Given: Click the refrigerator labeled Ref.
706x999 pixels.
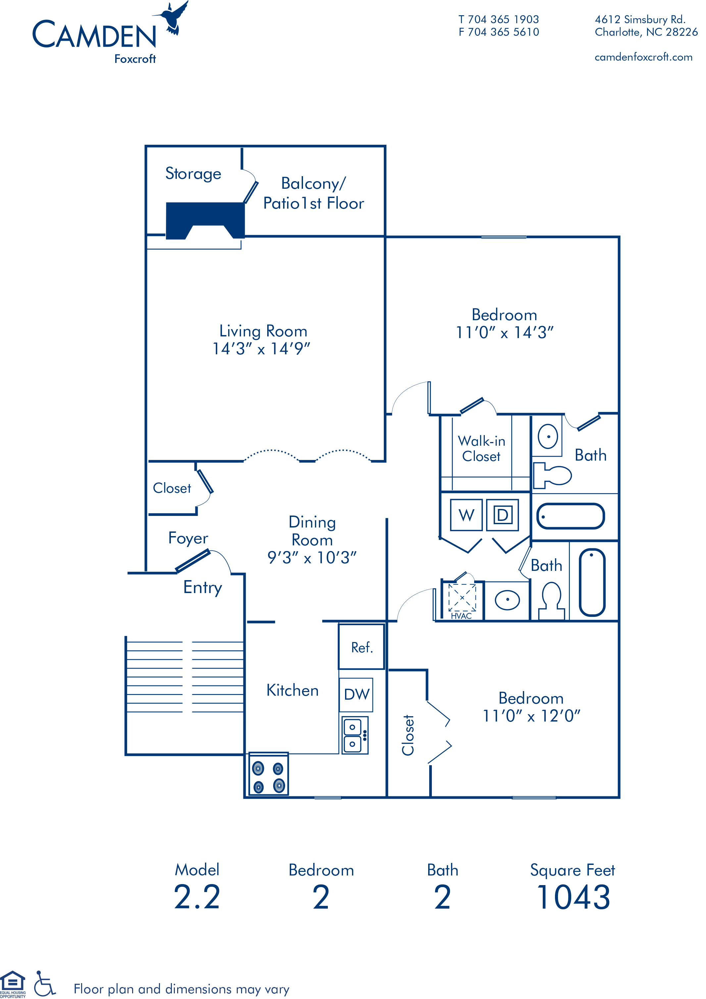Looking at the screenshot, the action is click(362, 647).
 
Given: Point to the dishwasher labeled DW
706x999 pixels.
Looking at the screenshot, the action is click(356, 694).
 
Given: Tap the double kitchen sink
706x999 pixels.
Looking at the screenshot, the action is click(355, 736).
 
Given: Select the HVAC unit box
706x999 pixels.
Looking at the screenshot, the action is click(462, 599).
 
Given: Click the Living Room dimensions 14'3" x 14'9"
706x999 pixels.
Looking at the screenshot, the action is click(261, 349).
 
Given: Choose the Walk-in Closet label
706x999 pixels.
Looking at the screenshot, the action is click(481, 449).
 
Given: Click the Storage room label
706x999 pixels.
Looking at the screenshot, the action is click(193, 174).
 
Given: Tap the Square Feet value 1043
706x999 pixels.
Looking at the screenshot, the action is click(574, 897).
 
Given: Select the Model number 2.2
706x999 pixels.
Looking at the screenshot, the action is click(197, 897).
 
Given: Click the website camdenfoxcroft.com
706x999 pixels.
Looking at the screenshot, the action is click(643, 57).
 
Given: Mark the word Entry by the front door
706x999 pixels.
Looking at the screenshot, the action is click(203, 588).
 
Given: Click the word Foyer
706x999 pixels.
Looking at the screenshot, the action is click(188, 538).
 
